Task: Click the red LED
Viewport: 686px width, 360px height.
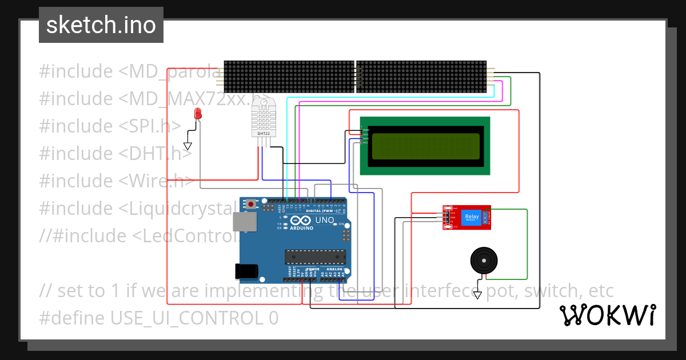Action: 198,113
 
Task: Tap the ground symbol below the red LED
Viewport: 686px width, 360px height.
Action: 188,146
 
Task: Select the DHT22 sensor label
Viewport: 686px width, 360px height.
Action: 262,134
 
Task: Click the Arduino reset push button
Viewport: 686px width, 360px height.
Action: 251,203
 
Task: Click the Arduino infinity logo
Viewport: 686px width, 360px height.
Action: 301,221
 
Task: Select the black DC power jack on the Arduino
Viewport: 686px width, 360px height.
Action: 245,271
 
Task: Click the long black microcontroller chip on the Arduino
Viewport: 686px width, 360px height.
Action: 316,258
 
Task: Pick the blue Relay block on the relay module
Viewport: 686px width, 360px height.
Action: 472,217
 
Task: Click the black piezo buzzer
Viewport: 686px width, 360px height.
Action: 484,261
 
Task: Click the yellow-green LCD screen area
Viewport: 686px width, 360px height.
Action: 426,146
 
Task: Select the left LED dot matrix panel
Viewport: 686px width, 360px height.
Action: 289,77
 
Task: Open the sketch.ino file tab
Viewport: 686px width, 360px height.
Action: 101,25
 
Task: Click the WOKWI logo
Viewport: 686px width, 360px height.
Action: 608,315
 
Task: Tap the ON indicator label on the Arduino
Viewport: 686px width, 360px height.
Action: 341,224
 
